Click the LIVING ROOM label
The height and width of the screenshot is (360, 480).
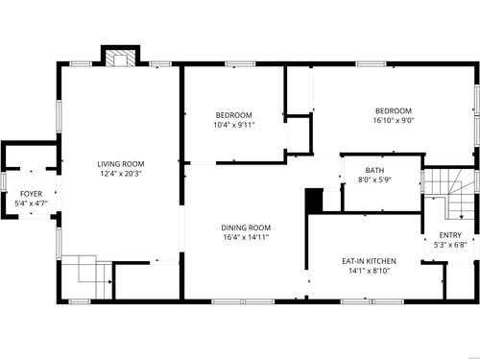(x=121, y=164)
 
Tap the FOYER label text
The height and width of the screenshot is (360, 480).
(x=31, y=194)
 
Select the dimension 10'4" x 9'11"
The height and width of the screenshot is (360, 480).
(x=234, y=125)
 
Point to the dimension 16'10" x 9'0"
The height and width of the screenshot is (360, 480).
(x=394, y=121)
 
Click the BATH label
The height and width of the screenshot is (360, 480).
(x=374, y=170)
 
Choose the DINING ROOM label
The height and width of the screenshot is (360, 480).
(x=246, y=228)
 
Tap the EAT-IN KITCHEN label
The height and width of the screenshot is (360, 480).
(x=369, y=261)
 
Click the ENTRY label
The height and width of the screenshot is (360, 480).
(x=450, y=235)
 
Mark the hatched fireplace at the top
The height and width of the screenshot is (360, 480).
(x=121, y=58)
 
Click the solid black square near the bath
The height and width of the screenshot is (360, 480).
(x=314, y=200)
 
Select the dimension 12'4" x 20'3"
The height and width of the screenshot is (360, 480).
(x=121, y=174)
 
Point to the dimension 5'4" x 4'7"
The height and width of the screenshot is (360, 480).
(x=31, y=204)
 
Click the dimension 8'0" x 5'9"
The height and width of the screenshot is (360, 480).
(x=374, y=180)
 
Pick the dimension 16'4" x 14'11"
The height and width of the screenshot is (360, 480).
(x=246, y=237)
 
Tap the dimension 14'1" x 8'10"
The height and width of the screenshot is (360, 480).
(x=369, y=271)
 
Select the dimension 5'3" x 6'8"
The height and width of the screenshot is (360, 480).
(x=450, y=245)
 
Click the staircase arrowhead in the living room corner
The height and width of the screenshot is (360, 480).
(x=110, y=282)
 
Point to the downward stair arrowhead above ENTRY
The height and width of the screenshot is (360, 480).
(x=461, y=217)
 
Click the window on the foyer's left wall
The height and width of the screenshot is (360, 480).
(x=4, y=181)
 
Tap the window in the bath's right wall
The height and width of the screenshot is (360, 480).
(x=422, y=181)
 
